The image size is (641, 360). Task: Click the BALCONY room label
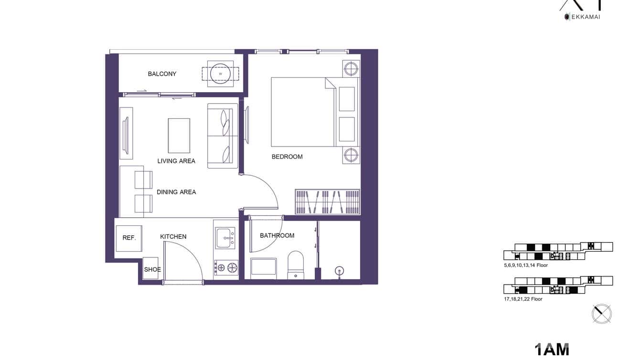click(162, 74)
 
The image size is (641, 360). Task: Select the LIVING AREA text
click(176, 161)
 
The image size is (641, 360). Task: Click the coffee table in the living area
click(179, 136)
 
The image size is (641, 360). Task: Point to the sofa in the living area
click(223, 136)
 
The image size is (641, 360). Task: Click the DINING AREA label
click(176, 192)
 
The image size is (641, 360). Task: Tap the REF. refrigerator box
click(129, 238)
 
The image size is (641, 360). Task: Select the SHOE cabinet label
click(152, 269)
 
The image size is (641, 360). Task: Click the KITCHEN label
click(173, 237)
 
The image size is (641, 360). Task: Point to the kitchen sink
click(225, 238)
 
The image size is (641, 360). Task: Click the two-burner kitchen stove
click(226, 267)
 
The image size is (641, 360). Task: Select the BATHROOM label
click(277, 235)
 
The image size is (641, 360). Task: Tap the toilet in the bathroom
click(296, 265)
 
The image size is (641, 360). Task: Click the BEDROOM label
click(287, 157)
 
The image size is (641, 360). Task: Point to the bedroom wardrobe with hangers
click(327, 201)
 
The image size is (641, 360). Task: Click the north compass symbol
click(601, 314)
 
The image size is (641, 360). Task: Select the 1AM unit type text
click(552, 349)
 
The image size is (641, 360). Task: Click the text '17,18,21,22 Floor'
click(523, 299)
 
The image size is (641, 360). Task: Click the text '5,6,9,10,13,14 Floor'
click(526, 265)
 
